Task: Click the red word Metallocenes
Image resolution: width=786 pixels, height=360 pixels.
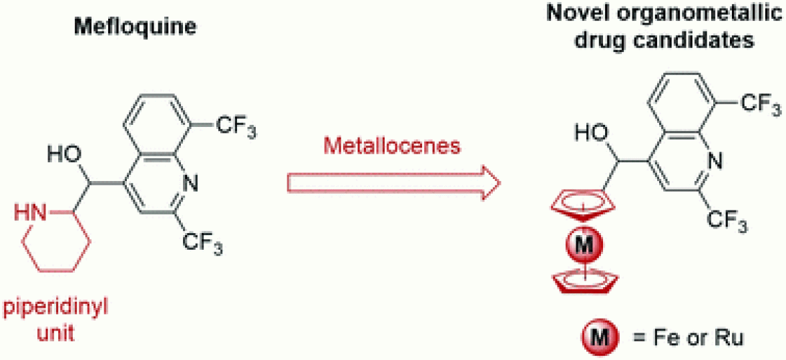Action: coord(392,146)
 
